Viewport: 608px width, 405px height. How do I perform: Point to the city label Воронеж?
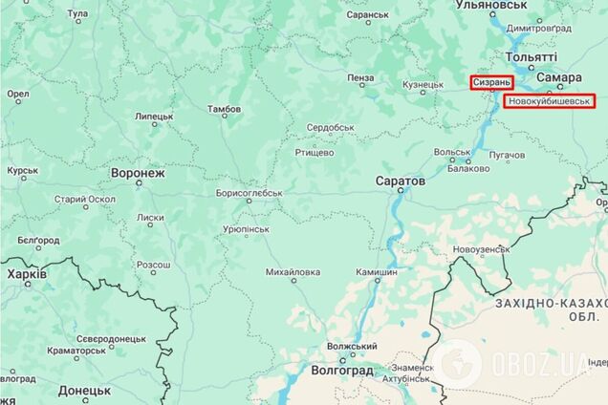(x=138, y=174)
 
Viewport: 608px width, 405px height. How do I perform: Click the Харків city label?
(x=26, y=274)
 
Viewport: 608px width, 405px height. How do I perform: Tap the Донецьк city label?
(x=84, y=390)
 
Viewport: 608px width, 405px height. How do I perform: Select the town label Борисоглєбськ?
(x=243, y=193)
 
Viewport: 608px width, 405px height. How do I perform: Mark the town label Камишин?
(x=376, y=272)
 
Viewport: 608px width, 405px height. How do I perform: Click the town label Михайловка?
(x=293, y=272)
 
